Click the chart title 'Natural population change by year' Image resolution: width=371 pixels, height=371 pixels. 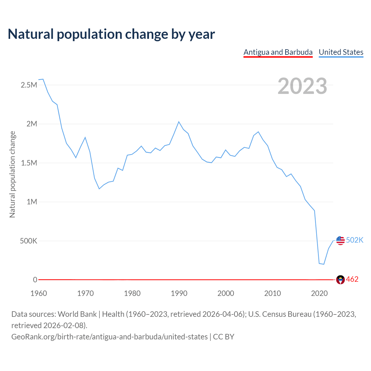(111, 34)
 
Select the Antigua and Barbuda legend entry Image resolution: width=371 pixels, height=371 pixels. (278, 52)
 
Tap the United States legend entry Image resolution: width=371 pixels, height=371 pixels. (341, 52)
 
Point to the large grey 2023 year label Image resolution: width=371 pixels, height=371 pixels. (302, 86)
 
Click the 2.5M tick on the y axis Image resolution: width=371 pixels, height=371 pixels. (29, 85)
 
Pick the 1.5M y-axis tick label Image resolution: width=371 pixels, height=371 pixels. (29, 163)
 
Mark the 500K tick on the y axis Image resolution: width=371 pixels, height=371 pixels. (28, 241)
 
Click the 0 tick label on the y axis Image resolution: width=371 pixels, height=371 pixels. (35, 280)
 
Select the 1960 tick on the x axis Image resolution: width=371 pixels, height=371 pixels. (39, 293)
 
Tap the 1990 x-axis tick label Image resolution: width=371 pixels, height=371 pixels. (179, 293)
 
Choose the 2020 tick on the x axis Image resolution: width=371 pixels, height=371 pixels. (319, 293)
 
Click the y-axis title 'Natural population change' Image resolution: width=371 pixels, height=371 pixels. (12, 174)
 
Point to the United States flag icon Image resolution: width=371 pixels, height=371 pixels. (340, 240)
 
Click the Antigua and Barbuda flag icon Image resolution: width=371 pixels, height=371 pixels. (340, 280)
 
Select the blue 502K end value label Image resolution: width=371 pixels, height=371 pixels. (354, 240)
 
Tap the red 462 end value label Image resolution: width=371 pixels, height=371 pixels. (352, 279)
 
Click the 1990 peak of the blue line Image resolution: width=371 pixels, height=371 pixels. (179, 122)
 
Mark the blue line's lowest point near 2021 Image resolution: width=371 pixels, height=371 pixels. (324, 264)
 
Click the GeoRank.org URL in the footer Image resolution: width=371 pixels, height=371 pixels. (109, 337)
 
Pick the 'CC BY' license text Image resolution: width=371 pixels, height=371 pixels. (223, 337)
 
